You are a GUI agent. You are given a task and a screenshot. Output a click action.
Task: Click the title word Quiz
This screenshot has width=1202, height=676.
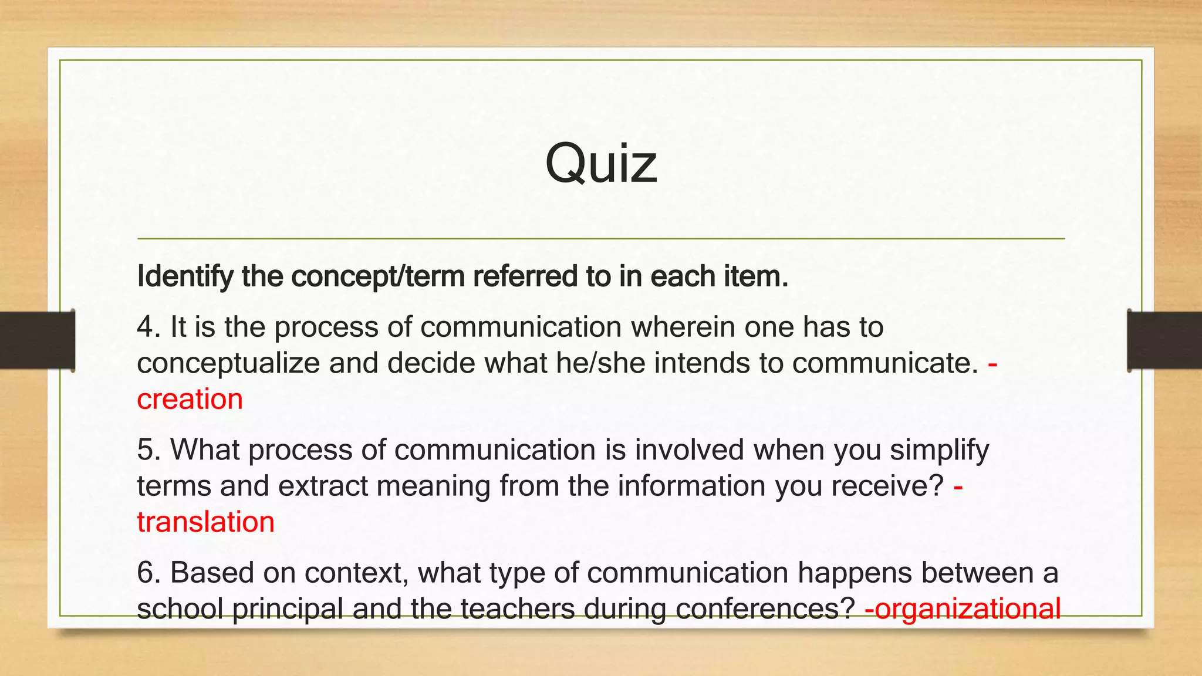point(600,164)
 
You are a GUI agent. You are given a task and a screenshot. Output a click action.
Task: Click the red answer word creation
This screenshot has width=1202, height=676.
point(190,400)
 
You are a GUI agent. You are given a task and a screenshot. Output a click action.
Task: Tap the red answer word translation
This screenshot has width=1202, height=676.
point(205,522)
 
